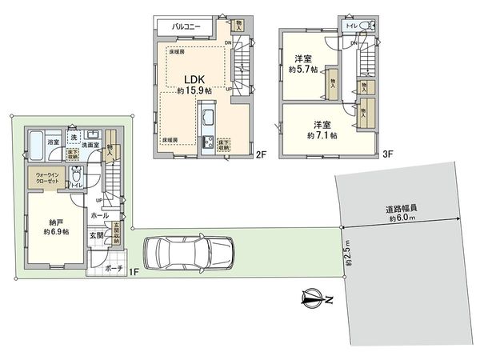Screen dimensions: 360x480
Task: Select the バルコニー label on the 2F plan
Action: tap(190, 26)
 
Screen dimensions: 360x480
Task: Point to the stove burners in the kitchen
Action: tap(209, 144)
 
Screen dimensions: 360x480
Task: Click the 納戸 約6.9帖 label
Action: tap(55, 226)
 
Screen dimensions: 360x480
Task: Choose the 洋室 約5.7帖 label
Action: tap(302, 63)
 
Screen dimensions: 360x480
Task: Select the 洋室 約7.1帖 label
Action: tap(322, 130)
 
